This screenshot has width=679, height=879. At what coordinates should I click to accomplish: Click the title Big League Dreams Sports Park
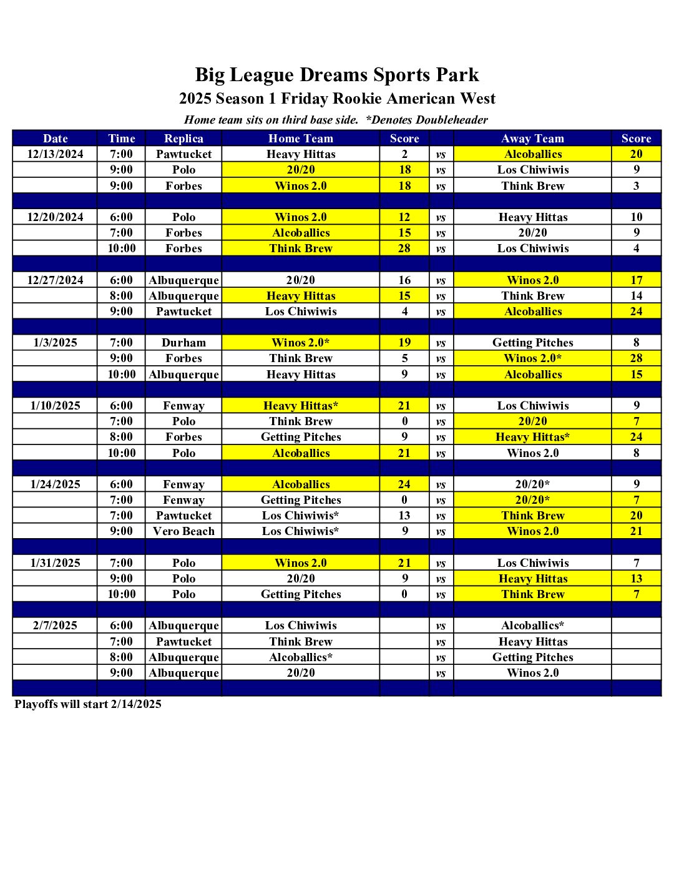tap(337, 75)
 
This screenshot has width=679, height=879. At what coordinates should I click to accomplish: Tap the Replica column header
tap(183, 139)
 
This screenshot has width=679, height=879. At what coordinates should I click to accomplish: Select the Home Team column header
tap(301, 139)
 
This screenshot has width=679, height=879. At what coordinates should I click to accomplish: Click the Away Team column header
tap(532, 139)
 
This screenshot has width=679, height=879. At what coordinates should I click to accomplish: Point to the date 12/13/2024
tap(55, 154)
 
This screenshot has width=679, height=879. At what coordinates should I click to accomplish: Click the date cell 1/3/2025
tap(55, 343)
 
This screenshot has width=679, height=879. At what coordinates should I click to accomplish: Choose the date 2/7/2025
tap(55, 626)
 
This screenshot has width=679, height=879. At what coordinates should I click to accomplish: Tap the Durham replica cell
tap(183, 343)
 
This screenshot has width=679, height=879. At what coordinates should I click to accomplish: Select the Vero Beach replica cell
tap(183, 531)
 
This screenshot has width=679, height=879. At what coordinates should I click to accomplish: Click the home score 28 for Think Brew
tap(404, 248)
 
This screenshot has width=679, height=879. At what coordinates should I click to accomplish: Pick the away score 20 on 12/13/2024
tap(636, 154)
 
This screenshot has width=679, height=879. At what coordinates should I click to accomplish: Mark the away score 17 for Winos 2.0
tap(636, 280)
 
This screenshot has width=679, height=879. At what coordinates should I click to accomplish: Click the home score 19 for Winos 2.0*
tap(404, 343)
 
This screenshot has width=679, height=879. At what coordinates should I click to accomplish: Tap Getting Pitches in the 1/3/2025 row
tap(532, 343)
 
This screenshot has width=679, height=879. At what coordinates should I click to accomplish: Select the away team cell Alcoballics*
tap(532, 626)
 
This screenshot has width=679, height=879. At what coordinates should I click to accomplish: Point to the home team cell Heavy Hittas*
tap(301, 406)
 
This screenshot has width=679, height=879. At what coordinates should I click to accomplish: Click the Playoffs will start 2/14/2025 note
tap(88, 704)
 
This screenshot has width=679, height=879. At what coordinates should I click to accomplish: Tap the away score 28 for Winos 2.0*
tap(636, 358)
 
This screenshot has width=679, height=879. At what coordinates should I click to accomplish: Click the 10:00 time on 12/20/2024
tap(121, 248)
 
